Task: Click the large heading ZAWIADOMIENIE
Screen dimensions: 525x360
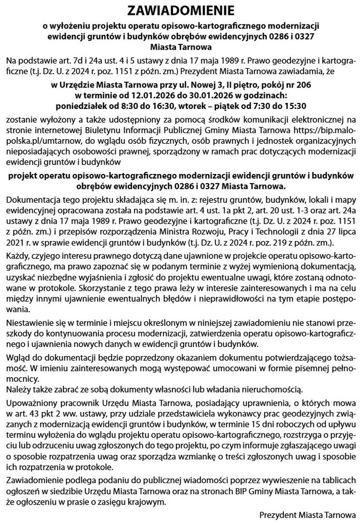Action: click(x=179, y=11)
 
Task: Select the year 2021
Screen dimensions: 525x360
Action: click(x=15, y=242)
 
